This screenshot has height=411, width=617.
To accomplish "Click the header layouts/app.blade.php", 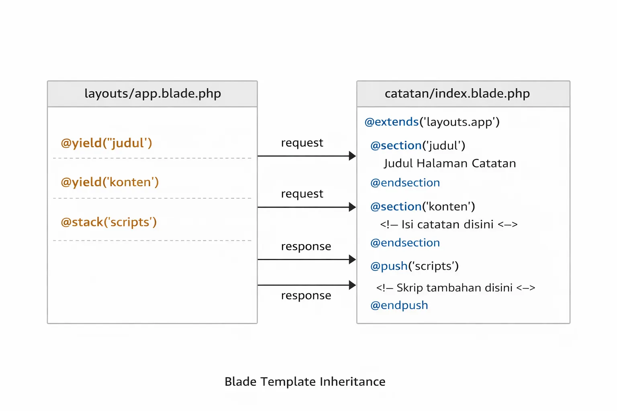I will [x=153, y=94].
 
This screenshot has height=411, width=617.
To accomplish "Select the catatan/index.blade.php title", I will [x=457, y=94].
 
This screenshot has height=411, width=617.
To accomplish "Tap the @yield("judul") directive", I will [x=106, y=143].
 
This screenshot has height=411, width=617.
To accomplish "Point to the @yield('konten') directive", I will [x=110, y=182].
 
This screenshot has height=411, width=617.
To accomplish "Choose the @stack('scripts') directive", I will [x=108, y=222].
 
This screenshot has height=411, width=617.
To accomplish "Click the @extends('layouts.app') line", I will [x=432, y=122].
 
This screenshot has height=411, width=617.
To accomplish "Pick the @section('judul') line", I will [x=418, y=145].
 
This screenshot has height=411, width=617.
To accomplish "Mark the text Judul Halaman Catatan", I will [x=450, y=163].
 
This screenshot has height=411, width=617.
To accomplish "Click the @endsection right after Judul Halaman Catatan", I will [x=405, y=183].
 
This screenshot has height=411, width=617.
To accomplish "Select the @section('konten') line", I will [x=423, y=206].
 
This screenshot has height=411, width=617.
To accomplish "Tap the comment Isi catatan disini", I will [x=449, y=224].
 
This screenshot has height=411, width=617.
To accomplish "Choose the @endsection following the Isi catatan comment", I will [x=405, y=243].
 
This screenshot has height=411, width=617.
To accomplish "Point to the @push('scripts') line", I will [x=414, y=266].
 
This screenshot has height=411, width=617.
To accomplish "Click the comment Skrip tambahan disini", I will [x=456, y=288].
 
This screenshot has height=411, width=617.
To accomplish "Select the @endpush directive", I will [x=399, y=305].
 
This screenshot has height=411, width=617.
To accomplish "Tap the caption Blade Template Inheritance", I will [x=305, y=381].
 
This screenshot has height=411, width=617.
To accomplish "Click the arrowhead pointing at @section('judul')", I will [x=352, y=156].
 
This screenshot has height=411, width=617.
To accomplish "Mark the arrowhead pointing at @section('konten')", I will [x=352, y=207].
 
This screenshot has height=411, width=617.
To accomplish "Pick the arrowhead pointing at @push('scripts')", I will [x=352, y=259].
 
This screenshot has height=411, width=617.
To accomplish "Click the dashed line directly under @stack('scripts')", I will [x=152, y=241].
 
